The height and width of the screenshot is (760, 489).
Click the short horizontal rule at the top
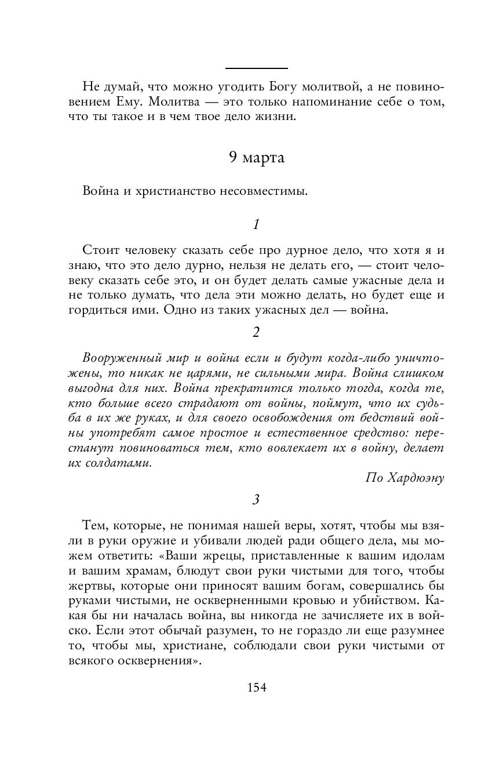pyautogui.click(x=256, y=68)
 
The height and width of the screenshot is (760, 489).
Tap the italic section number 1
pyautogui.click(x=256, y=224)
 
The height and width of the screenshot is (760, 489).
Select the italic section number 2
pyautogui.click(x=256, y=332)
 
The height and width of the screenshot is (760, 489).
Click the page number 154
pyautogui.click(x=256, y=688)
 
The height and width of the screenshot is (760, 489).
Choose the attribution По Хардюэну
pyautogui.click(x=405, y=478)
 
